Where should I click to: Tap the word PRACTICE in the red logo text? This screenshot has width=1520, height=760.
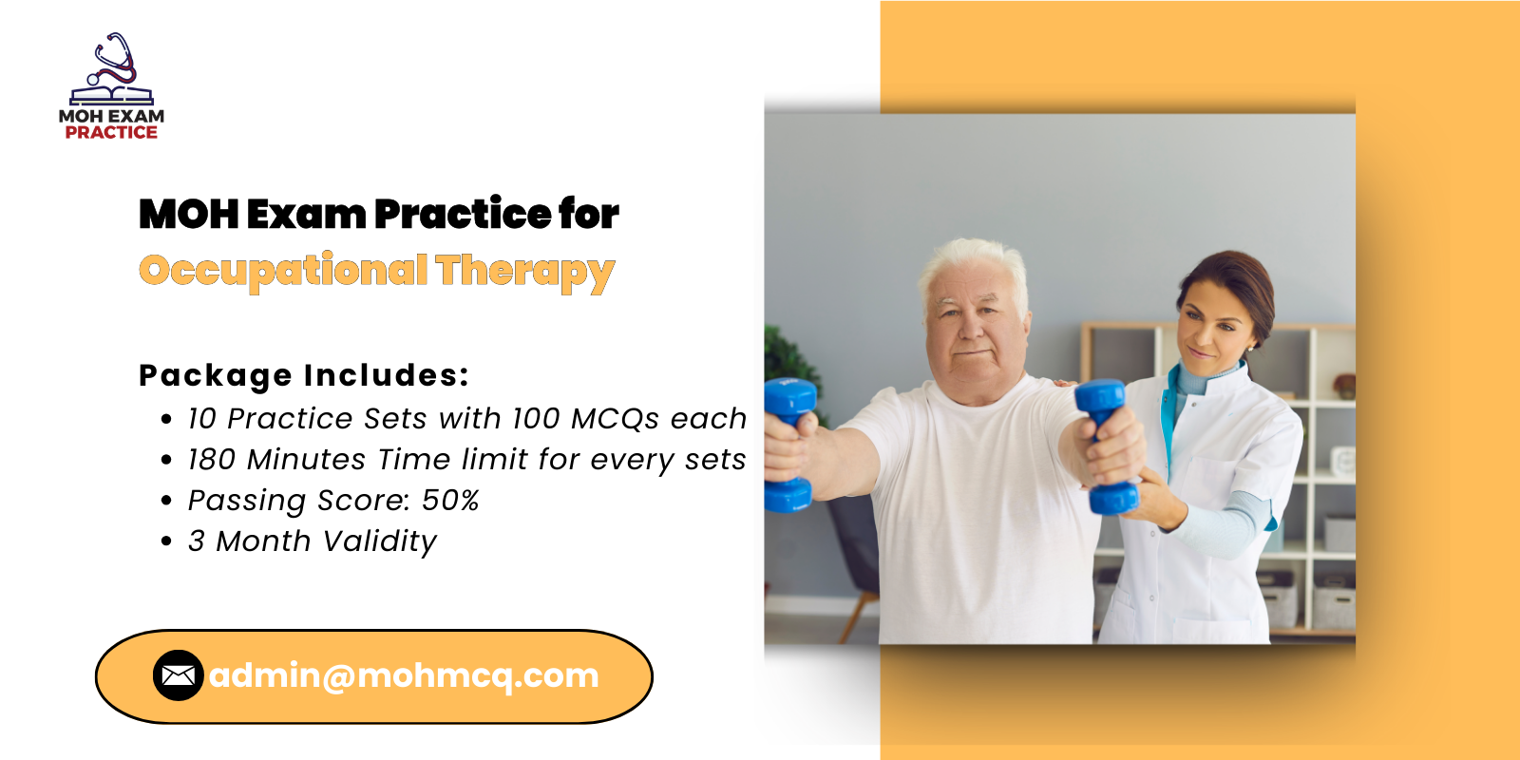point(111,132)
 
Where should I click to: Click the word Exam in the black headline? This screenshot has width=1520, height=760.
point(306,215)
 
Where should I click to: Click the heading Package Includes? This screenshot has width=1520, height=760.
point(304,376)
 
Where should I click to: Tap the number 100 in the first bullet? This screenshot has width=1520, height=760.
point(536,419)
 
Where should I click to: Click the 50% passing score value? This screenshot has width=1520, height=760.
point(450,501)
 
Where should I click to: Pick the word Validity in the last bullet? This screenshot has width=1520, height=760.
point(380,542)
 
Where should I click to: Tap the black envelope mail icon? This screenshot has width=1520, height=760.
point(179,675)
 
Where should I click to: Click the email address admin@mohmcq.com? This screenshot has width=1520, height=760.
point(404,675)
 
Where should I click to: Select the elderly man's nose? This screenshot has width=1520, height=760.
point(973,327)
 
